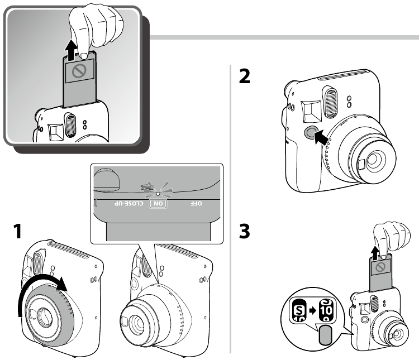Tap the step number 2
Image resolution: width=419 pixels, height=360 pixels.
point(245,75)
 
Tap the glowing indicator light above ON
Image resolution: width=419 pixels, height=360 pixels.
point(158,193)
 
